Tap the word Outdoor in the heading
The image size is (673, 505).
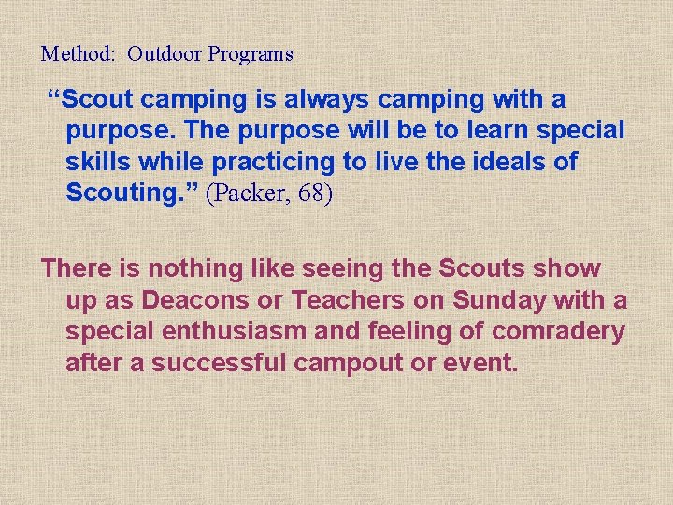tap(165, 54)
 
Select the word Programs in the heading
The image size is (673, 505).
tap(251, 54)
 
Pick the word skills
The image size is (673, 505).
tap(99, 163)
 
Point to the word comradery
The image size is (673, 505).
tap(558, 332)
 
